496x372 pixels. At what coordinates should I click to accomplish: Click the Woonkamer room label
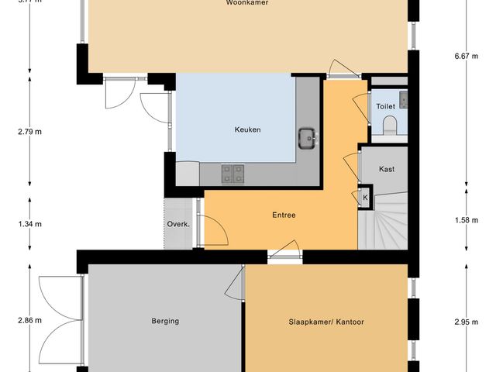(248, 3)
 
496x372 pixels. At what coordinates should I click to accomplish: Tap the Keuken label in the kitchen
(248, 129)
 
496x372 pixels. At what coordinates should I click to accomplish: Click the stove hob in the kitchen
(233, 174)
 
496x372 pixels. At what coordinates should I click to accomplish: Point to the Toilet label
(385, 106)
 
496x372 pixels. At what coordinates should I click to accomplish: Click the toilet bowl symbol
(390, 124)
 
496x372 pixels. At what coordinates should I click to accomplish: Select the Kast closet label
(387, 169)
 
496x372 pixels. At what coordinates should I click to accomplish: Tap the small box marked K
(365, 198)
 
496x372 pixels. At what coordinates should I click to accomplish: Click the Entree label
(284, 215)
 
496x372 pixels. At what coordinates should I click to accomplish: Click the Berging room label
(165, 320)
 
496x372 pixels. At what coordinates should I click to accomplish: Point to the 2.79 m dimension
(29, 130)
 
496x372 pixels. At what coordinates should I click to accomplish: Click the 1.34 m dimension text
(29, 224)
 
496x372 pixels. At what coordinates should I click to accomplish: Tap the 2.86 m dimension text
(29, 319)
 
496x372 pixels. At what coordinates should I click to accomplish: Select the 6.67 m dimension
(466, 55)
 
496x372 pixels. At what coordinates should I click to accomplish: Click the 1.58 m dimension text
(466, 220)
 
